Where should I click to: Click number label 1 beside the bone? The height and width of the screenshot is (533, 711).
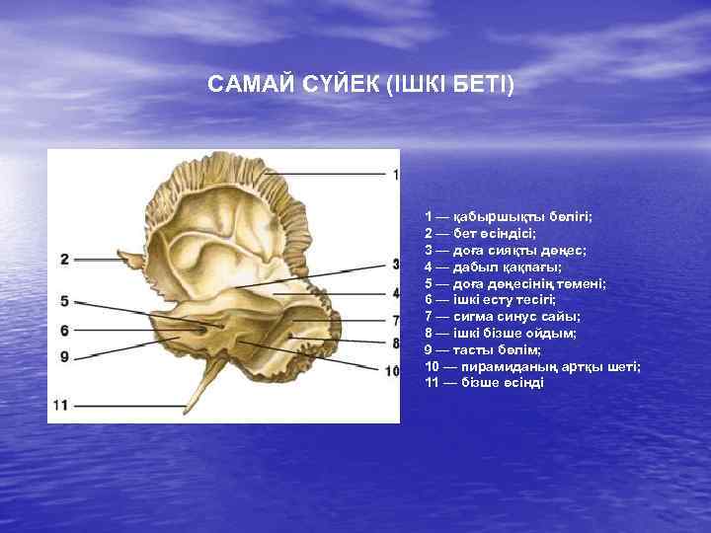tap(395, 175)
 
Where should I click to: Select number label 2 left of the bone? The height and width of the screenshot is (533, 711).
tap(64, 259)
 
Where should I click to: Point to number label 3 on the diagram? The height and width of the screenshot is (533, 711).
tap(395, 265)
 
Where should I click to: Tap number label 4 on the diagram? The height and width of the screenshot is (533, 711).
tap(395, 293)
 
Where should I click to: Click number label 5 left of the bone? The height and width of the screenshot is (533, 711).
tap(64, 301)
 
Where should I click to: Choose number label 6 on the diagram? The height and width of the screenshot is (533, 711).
tap(64, 331)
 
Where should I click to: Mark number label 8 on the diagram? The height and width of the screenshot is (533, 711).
tap(395, 343)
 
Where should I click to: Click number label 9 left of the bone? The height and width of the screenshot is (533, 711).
tap(64, 356)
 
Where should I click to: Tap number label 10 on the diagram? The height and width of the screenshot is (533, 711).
tap(392, 371)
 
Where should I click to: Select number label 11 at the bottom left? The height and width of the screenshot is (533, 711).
tap(61, 405)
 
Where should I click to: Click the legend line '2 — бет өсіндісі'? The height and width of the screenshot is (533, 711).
tap(480, 233)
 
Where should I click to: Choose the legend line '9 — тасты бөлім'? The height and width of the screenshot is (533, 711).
tap(478, 349)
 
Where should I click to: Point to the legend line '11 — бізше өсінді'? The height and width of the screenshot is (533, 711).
tap(484, 383)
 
